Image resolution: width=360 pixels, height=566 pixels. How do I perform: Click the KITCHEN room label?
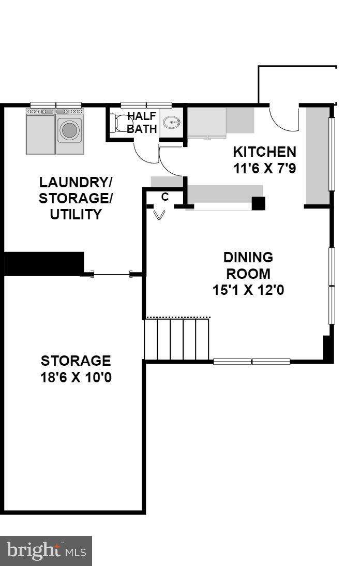(264, 152)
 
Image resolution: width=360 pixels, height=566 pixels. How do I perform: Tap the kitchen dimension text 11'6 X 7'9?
(264, 168)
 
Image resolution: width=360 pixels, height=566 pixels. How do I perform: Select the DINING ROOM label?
(248, 265)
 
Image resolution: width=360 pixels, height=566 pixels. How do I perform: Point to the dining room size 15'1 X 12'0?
(248, 290)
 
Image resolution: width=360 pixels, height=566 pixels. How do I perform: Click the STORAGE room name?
(76, 361)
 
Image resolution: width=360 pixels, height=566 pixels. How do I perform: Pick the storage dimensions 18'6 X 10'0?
(76, 377)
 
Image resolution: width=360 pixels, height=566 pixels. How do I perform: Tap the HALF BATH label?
(142, 122)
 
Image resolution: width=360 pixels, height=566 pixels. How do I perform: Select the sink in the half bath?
(171, 123)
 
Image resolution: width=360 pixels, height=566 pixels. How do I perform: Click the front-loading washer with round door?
(69, 131)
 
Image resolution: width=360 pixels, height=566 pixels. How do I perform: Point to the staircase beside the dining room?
(177, 339)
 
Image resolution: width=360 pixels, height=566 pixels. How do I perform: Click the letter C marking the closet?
(165, 197)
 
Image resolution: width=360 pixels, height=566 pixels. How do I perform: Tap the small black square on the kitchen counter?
(258, 203)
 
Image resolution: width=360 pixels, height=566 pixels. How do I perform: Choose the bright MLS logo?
(46, 550)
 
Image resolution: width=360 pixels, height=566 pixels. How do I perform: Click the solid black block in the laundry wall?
(44, 263)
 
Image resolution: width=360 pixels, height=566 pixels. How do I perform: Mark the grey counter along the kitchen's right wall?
(317, 155)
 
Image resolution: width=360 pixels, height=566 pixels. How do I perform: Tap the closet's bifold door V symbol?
(160, 214)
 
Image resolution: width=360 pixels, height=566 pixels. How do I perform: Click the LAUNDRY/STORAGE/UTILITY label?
(76, 198)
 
